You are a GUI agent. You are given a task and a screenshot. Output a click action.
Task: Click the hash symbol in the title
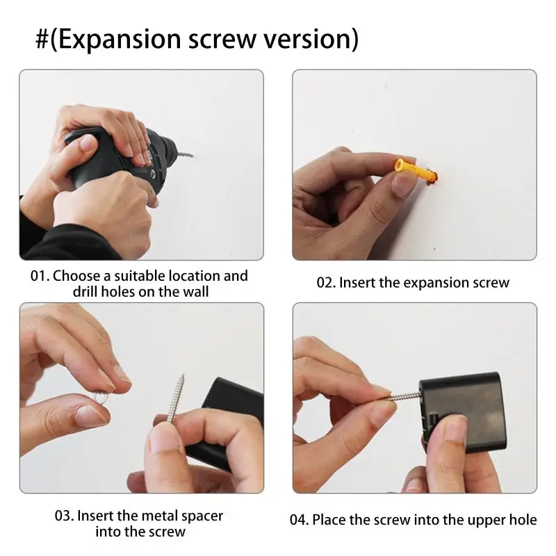pyautogui.click(x=42, y=39)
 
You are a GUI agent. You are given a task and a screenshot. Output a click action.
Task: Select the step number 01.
pyautogui.click(x=40, y=276)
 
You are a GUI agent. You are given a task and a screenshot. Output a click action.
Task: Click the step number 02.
pyautogui.click(x=326, y=283)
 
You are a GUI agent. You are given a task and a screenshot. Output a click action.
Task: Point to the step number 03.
pyautogui.click(x=64, y=516)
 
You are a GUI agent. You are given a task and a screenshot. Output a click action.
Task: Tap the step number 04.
pyautogui.click(x=299, y=520)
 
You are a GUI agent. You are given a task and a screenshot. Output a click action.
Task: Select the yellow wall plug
pyautogui.click(x=415, y=171)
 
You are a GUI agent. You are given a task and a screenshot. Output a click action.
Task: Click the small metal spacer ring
pyautogui.click(x=100, y=398)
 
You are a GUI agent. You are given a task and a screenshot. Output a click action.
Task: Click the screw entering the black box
pyautogui.click(x=404, y=395)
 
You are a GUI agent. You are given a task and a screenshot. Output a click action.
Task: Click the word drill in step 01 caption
pyautogui.click(x=85, y=292)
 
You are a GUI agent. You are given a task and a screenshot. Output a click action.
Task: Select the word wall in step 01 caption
pyautogui.click(x=196, y=292)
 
